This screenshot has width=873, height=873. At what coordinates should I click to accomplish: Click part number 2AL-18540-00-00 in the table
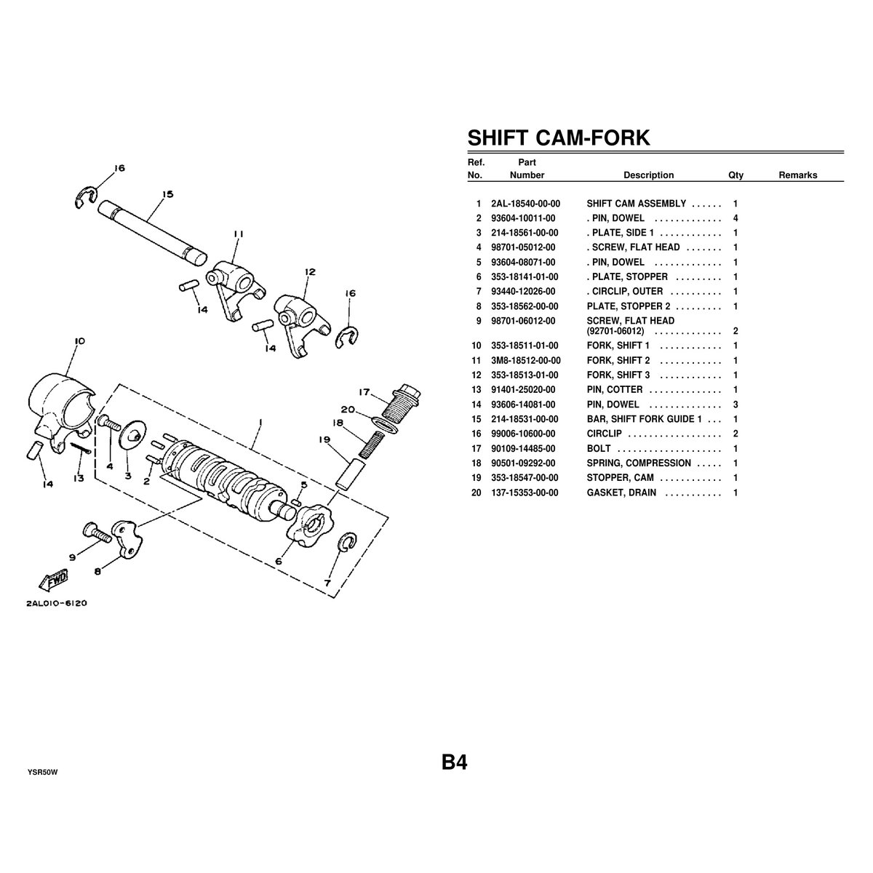coord(525,204)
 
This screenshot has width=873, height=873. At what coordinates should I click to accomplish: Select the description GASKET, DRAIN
coord(621,493)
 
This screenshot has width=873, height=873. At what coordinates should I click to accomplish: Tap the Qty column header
coord(736,175)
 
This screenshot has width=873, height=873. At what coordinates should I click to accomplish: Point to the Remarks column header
coord(798,175)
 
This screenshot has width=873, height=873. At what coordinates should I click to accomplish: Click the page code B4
coord(455,762)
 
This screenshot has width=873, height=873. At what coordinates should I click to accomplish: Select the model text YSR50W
coord(43,773)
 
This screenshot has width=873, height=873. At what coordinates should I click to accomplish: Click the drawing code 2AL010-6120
coord(57,603)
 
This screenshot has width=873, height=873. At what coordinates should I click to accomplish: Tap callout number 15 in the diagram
coord(167,194)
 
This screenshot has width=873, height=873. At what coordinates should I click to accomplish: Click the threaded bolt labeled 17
coord(401,402)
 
